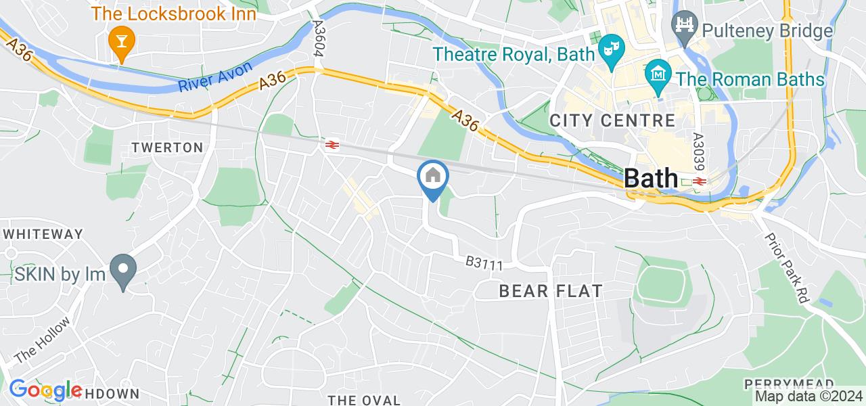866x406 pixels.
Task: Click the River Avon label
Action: (216, 77)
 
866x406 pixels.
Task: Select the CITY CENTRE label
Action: (612, 121)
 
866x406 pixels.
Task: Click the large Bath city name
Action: (650, 178)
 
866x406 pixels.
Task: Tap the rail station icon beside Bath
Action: (699, 181)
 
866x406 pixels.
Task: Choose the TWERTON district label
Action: (167, 148)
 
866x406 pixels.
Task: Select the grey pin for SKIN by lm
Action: (122, 272)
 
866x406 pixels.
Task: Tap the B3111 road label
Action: (484, 264)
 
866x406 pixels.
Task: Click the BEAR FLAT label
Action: (550, 291)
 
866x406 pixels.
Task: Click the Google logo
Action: (45, 390)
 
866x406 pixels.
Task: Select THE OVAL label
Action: (364, 400)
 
